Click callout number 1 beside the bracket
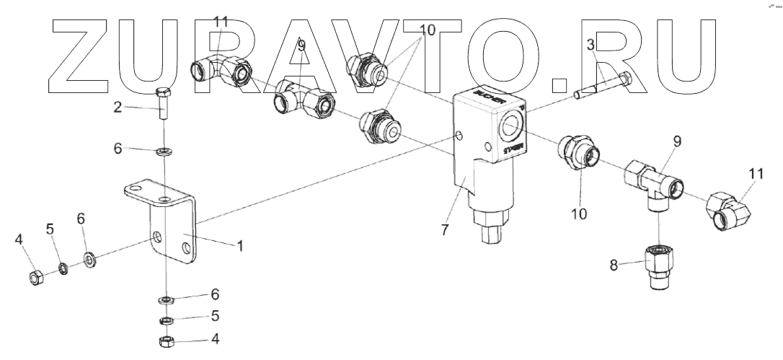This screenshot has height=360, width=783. [x=240, y=245]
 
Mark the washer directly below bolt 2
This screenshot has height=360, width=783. [x=164, y=151]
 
